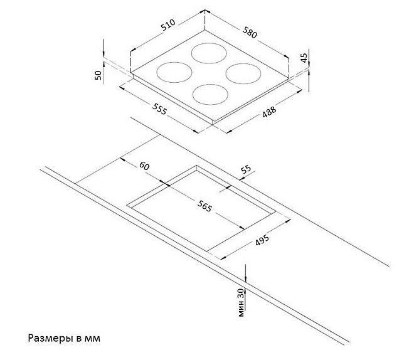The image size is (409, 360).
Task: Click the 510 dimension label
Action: [167, 25]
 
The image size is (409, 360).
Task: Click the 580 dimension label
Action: [250, 32]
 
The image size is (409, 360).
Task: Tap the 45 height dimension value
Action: [304, 58]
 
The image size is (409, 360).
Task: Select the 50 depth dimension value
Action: [98, 75]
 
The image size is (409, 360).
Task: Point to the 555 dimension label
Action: [159, 109]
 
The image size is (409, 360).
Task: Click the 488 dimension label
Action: [269, 111]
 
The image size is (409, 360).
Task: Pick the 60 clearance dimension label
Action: [144, 166]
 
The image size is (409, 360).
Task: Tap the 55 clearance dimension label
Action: [246, 169]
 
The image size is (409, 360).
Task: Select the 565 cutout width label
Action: [204, 206]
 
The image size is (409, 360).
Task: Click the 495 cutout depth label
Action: [262, 240]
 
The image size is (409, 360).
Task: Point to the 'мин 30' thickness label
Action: [242, 302]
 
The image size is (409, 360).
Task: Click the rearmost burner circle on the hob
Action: [209, 43]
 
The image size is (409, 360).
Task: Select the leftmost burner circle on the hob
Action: [174, 62]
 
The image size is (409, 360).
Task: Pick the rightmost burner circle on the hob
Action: [243, 63]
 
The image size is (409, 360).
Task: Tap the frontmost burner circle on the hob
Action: [210, 84]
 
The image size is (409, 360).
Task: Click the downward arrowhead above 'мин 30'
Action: [245, 279]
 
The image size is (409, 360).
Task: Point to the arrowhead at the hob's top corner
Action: [205, 11]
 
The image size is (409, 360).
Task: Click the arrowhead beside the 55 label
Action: [242, 178]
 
